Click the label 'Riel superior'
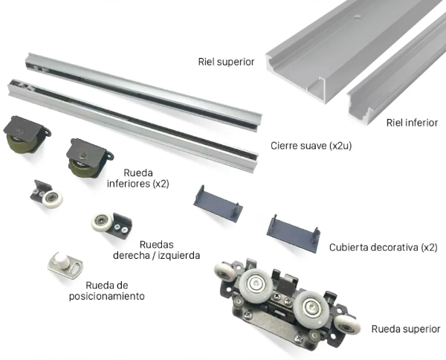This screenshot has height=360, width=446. [x=226, y=62]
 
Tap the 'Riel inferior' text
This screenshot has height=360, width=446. [x=412, y=123]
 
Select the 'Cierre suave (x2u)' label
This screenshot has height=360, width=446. [x=311, y=146]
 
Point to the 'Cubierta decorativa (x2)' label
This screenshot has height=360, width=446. [x=383, y=247]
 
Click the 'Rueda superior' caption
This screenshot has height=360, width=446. [x=406, y=329]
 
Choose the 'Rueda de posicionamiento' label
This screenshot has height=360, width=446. [x=106, y=291]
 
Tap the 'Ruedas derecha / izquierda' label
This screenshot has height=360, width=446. [x=156, y=250]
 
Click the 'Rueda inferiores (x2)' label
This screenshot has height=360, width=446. [x=138, y=179]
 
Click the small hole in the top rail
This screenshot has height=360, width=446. [x=357, y=18]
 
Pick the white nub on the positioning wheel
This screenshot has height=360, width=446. [x=62, y=259]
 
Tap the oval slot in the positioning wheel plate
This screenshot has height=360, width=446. [x=75, y=269]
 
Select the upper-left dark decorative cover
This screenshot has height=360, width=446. [x=218, y=204]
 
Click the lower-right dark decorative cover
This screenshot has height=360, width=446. [x=294, y=234]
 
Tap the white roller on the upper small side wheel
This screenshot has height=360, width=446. [x=52, y=199]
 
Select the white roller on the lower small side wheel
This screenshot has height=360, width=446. [x=102, y=222]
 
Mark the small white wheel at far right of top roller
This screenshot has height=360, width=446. [x=347, y=325]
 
